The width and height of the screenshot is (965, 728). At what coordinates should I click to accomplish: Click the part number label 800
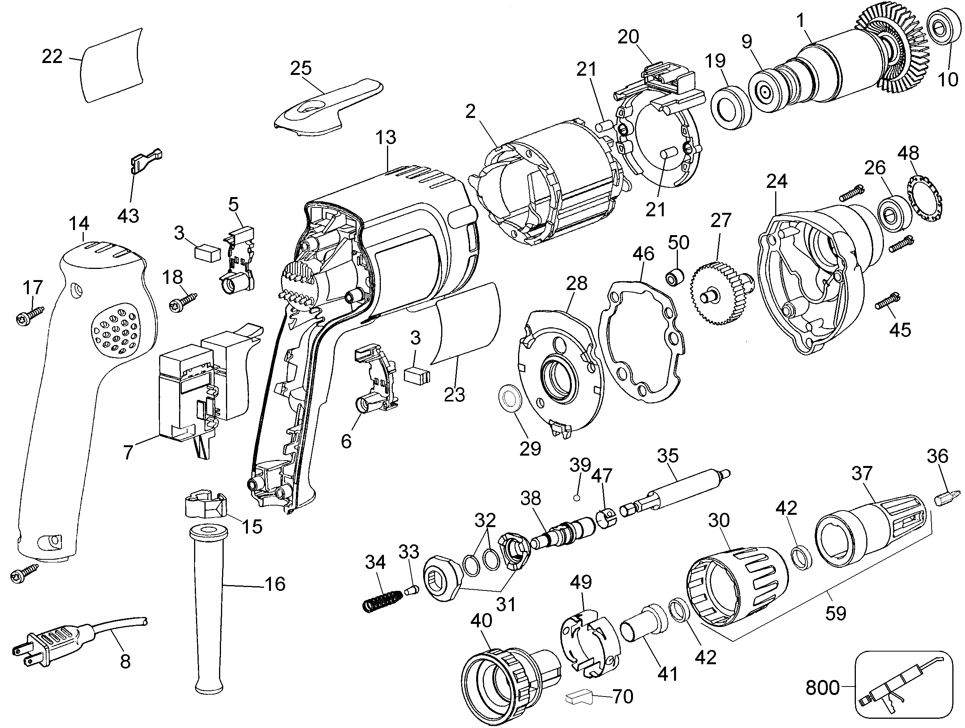[x=822, y=688]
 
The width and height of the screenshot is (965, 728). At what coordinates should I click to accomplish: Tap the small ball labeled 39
[x=577, y=498]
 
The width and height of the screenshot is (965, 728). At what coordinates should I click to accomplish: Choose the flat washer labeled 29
[x=509, y=398]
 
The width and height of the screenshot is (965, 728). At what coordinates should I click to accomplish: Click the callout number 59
[x=835, y=613]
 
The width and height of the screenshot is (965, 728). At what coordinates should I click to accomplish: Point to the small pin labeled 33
[x=412, y=591]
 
